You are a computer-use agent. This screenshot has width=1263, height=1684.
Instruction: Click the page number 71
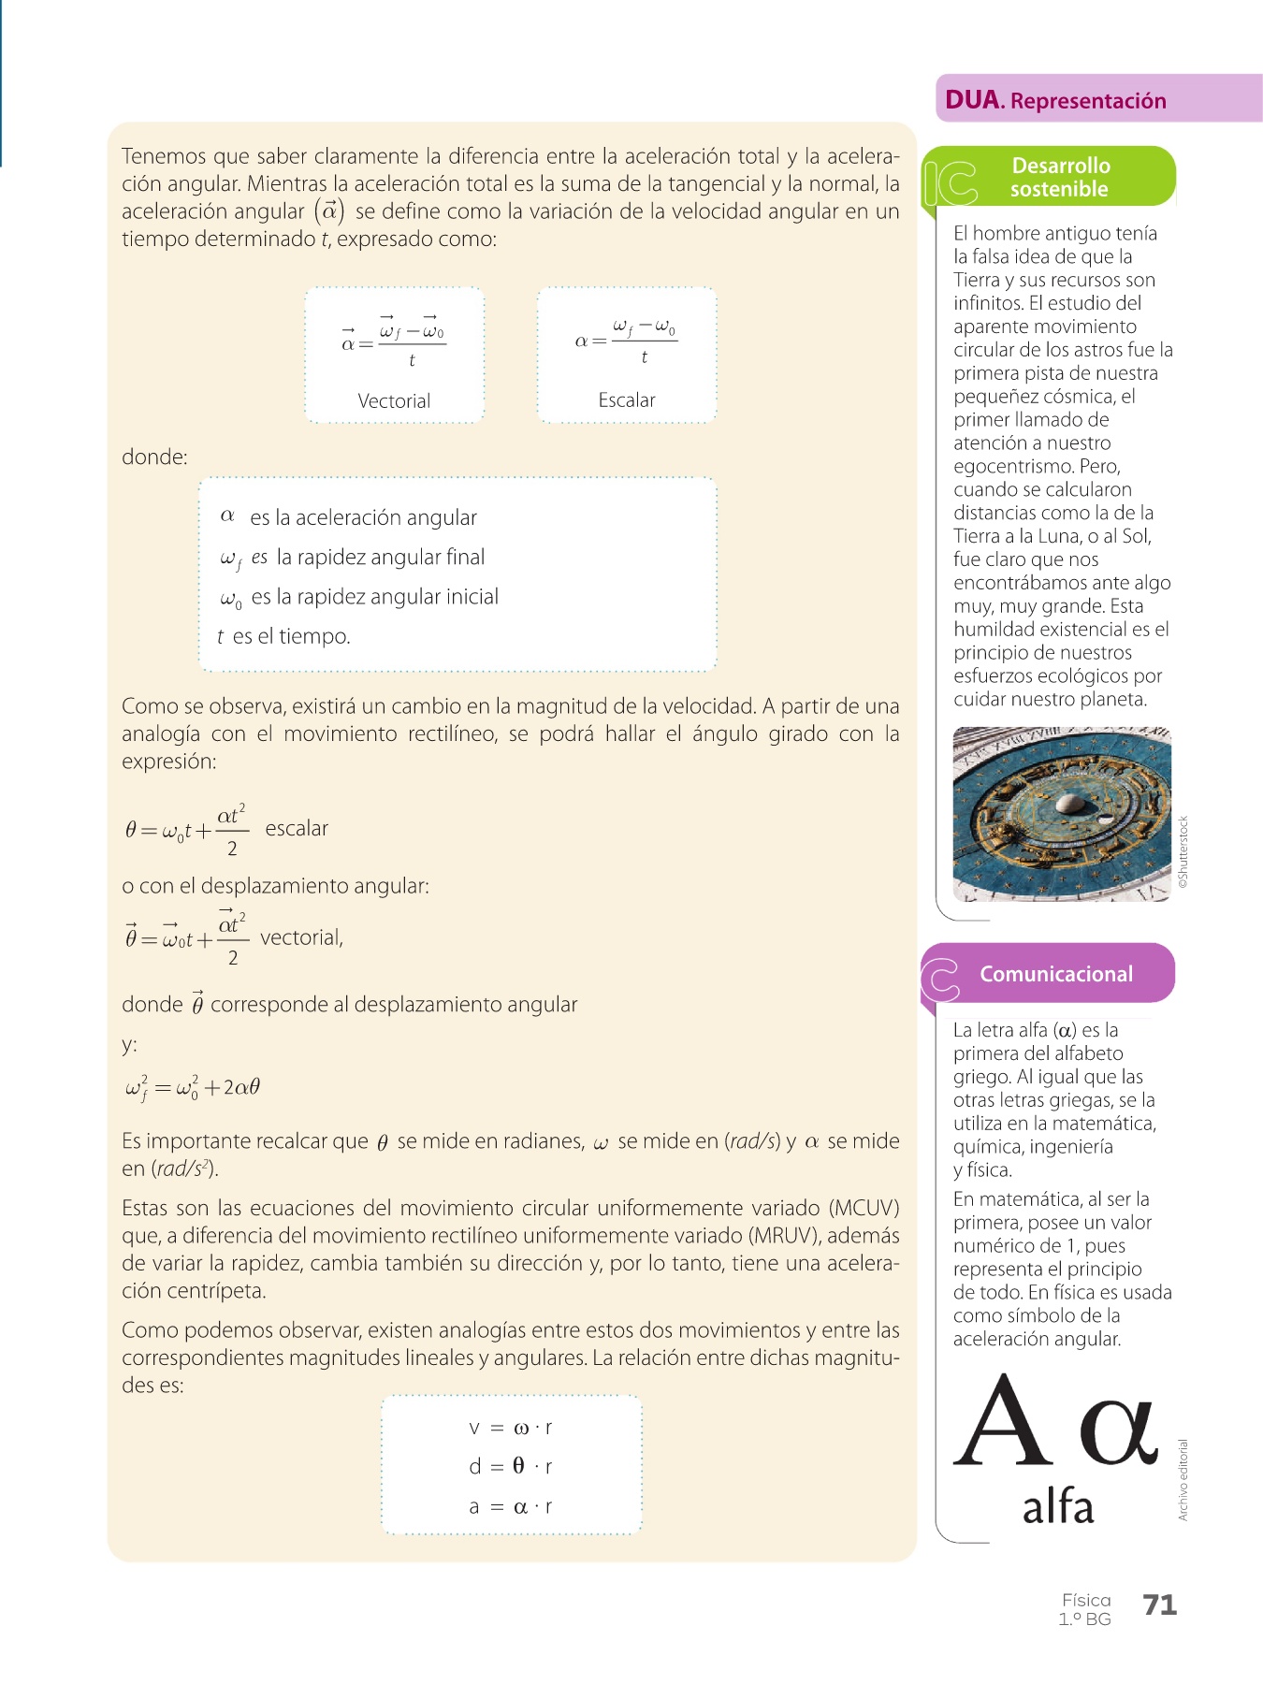pyautogui.click(x=1159, y=1605)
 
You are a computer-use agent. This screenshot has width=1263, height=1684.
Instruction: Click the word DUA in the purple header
pyautogui.click(x=972, y=100)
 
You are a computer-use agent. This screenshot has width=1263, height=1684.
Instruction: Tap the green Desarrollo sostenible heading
pyautogui.click(x=1060, y=177)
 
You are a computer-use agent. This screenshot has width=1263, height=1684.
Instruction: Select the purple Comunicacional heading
pyautogui.click(x=1055, y=974)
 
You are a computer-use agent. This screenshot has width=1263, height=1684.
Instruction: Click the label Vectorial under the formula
pyautogui.click(x=394, y=401)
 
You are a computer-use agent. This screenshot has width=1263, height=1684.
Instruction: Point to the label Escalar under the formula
pyautogui.click(x=627, y=400)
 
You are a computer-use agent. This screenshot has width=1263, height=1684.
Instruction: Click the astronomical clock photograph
pyautogui.click(x=1062, y=814)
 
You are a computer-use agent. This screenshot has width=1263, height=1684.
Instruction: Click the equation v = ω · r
pyautogui.click(x=511, y=1428)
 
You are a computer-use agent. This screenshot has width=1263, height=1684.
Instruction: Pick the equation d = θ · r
pyautogui.click(x=511, y=1467)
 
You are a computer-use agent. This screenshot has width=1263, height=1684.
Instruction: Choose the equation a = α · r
pyautogui.click(x=511, y=1507)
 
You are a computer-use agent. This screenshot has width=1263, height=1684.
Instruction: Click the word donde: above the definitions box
pyautogui.click(x=154, y=457)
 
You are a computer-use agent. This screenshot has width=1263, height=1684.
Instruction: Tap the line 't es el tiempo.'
pyautogui.click(x=284, y=637)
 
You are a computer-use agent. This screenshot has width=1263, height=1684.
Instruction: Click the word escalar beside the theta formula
pyautogui.click(x=297, y=829)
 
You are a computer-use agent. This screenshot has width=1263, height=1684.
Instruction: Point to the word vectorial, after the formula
pyautogui.click(x=301, y=938)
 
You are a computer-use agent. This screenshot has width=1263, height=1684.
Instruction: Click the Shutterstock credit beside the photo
pyautogui.click(x=1183, y=852)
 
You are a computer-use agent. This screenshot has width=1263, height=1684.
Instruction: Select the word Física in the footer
pyautogui.click(x=1086, y=1600)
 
